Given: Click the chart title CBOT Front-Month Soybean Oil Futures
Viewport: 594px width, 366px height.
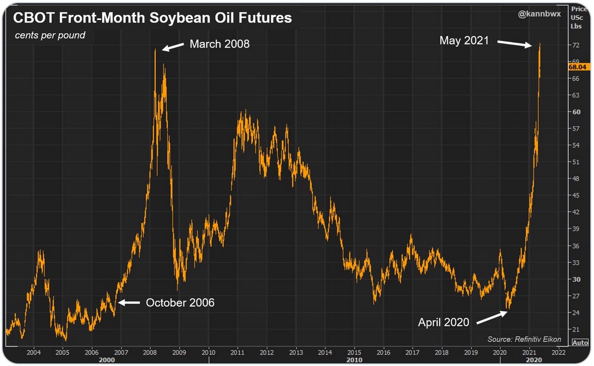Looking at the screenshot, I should coord(152,18).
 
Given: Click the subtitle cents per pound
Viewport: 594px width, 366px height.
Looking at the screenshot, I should coord(50,35).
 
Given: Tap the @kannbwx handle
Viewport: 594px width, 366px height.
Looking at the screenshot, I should coord(539,14).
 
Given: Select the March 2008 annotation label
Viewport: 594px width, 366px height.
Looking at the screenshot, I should coord(219,44).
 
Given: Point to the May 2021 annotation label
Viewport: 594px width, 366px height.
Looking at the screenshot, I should coord(464,40).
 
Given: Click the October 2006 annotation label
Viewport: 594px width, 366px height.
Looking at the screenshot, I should coord(180,302).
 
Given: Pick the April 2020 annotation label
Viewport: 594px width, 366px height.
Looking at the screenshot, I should coord(443,322).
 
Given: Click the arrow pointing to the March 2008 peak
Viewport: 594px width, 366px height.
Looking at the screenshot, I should coord(174,47).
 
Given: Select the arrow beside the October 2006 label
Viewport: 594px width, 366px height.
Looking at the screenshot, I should coord(130,302).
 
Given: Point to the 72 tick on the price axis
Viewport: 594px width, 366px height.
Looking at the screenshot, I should coord(576,45).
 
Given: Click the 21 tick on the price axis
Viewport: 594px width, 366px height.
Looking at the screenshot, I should coord(576,329).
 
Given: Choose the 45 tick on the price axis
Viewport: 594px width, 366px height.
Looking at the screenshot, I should coord(576,196).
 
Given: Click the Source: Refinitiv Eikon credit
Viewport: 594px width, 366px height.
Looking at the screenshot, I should coord(524,339).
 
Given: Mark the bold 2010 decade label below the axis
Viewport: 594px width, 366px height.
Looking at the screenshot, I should coord(354,360).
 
